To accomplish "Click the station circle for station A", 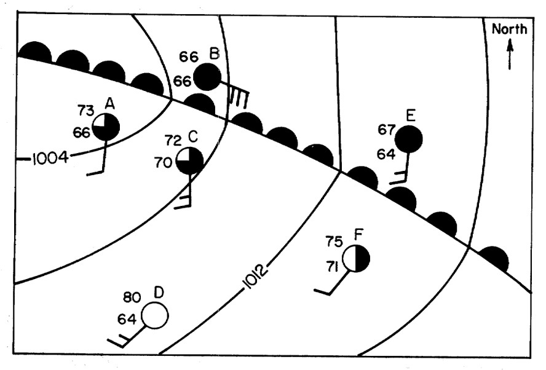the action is (106, 127).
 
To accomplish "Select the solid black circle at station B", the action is (207, 77).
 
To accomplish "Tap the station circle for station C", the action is (190, 161).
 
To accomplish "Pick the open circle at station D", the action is (155, 316).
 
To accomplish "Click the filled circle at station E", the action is (409, 139).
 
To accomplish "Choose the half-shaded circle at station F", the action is (356, 258).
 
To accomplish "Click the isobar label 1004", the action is (50, 159).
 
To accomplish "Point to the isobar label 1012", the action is (255, 277).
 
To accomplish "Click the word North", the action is (510, 30).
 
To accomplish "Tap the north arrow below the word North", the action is (510, 54).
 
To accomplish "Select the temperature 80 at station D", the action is (132, 297).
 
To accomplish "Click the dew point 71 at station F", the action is (333, 267).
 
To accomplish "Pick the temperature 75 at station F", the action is (334, 242).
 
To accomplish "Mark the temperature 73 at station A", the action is (85, 111).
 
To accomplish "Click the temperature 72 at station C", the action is (173, 141).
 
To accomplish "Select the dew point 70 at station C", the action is (164, 162).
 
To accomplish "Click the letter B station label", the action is (215, 54).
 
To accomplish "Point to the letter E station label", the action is (411, 115).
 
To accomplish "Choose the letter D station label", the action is (159, 293).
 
